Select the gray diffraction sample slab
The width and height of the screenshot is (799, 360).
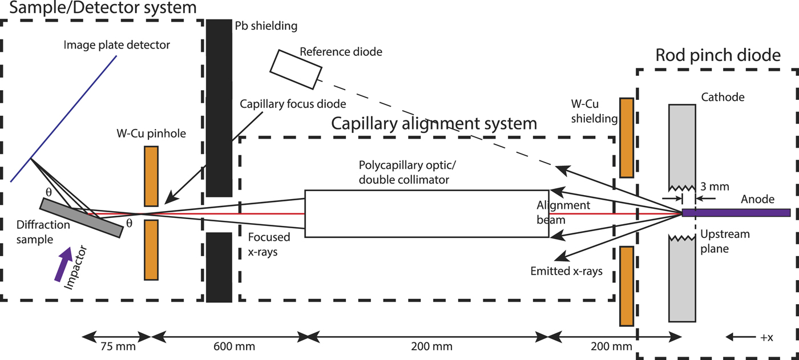[81, 217]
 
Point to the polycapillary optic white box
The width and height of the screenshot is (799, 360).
[426, 213]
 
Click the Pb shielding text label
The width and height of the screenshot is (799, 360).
[266, 26]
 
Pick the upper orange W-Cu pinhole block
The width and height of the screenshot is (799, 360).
[151, 176]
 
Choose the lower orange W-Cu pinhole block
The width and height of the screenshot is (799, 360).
[151, 250]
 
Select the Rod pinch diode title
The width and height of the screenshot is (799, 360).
[717, 55]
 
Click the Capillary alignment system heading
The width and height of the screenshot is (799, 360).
[434, 123]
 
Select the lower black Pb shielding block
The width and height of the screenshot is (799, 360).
[219, 266]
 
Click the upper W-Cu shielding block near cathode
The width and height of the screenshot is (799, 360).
[626, 137]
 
